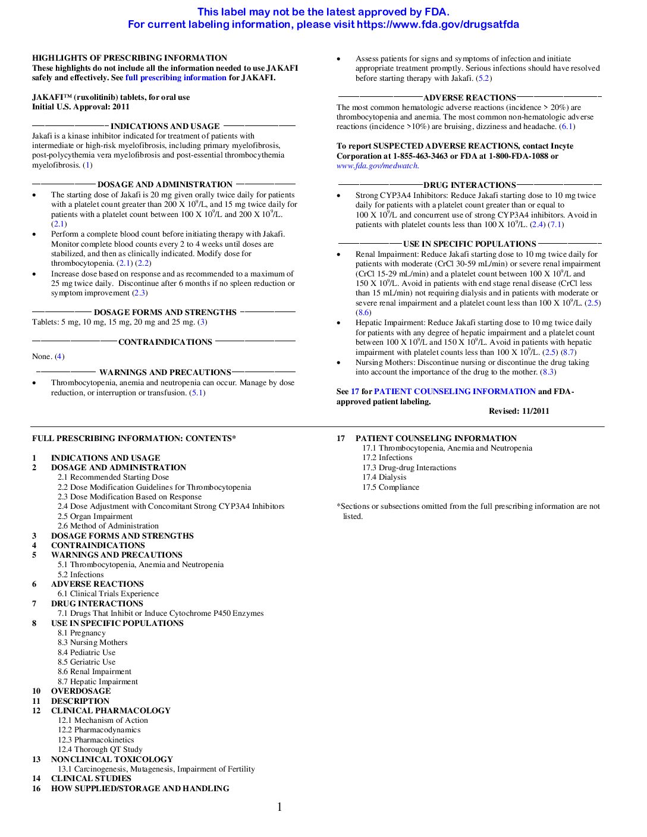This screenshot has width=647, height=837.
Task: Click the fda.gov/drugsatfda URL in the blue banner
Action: point(438,25)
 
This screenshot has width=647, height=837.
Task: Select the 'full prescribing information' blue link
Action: point(175,78)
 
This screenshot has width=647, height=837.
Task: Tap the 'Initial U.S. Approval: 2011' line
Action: point(81,107)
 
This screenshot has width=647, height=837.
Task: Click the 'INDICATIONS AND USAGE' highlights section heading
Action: point(165,127)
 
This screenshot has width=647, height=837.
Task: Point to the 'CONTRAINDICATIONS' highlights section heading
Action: point(165,342)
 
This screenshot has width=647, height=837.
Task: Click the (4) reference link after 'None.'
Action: point(59,357)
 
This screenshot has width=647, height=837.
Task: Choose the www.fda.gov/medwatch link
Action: point(377,166)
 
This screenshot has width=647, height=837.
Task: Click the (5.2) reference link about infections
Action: point(484,78)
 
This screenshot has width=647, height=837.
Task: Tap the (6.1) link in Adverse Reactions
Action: point(567,127)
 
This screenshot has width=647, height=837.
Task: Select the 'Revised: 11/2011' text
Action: point(519,411)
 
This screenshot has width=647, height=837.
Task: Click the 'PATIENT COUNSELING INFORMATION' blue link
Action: point(455,392)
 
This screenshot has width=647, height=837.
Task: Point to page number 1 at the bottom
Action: point(279,807)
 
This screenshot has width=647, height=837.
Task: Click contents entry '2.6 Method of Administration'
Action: point(108,526)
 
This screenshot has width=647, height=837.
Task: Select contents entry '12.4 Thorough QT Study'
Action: point(100,750)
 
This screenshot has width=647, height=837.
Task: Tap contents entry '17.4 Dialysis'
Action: point(384,477)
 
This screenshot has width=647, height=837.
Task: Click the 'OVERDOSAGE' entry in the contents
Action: point(81,691)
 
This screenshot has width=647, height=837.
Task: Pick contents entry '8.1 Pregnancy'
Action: point(81,633)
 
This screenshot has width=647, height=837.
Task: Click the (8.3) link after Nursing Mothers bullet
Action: point(548,372)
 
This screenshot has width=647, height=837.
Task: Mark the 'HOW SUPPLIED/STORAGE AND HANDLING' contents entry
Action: point(140,789)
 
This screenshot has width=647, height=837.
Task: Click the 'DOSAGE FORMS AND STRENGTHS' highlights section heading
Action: point(165,313)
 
